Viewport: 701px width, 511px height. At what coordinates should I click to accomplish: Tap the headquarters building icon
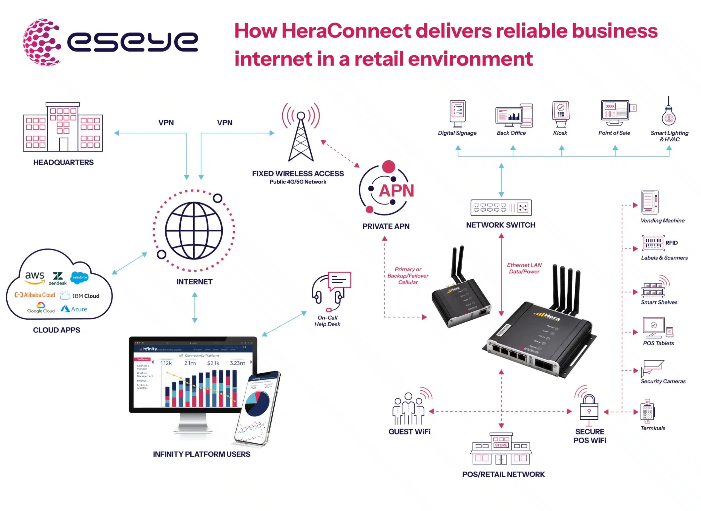[63, 127]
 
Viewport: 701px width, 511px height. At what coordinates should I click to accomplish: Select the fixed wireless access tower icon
[301, 133]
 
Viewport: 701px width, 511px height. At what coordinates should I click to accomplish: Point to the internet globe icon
[194, 231]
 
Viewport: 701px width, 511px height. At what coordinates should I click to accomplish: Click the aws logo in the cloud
[35, 276]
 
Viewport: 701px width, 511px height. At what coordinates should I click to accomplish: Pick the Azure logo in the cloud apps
[74, 309]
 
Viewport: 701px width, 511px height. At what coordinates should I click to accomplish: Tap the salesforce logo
[79, 277]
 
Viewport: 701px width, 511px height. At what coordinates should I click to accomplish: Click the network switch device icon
[501, 208]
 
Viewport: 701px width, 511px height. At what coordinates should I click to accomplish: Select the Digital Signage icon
[458, 113]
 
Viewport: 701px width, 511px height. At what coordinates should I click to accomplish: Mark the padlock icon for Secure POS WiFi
[589, 408]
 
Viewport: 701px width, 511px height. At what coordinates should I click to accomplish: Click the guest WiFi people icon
[408, 409]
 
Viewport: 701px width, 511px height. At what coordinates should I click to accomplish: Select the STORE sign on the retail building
[501, 445]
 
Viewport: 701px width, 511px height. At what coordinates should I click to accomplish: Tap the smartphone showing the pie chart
[257, 408]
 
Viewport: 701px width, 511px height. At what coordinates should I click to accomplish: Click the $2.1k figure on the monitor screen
[213, 363]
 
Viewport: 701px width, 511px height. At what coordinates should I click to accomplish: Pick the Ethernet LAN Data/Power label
[524, 268]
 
